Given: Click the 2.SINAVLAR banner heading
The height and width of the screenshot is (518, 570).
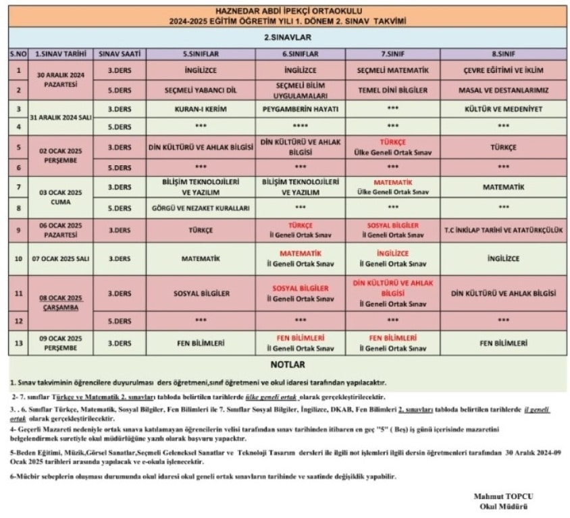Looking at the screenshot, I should (x=287, y=38).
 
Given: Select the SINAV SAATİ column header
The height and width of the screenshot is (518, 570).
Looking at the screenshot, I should (x=120, y=53).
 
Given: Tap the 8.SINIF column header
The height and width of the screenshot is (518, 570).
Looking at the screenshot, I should (x=503, y=53).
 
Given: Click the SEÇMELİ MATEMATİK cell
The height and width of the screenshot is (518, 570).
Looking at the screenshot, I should (x=392, y=70).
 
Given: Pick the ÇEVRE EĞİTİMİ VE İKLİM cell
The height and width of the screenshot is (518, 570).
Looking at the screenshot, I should (x=503, y=70).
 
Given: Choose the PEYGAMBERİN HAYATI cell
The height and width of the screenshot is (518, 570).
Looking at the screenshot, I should (x=301, y=108).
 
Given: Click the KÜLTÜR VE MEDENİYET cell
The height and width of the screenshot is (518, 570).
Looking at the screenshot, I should (x=503, y=108).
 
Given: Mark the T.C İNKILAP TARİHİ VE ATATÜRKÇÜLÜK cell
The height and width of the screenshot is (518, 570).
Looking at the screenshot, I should (x=503, y=230).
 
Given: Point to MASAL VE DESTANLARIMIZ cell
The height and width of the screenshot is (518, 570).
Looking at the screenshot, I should (x=503, y=89).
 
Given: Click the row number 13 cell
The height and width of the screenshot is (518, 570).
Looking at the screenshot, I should (x=18, y=343).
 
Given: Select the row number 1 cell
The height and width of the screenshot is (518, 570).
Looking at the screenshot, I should (x=18, y=70).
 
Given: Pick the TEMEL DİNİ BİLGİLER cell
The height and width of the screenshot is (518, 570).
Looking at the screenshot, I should (x=392, y=89).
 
